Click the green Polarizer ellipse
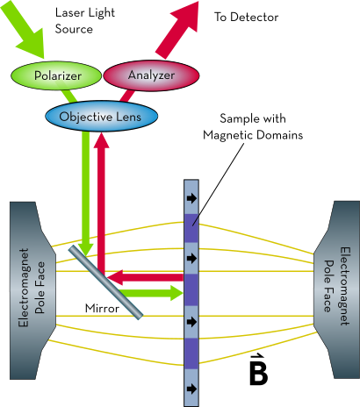pyautogui.click(x=56, y=75)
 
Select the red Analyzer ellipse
pyautogui.click(x=151, y=75)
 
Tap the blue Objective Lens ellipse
pyautogui.click(x=101, y=116)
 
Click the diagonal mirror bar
pyautogui.click(x=106, y=282)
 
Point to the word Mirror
pyautogui.click(x=102, y=308)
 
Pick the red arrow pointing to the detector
pyautogui.click(x=177, y=29)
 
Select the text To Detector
pyautogui.click(x=246, y=17)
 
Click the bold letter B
pyautogui.click(x=258, y=373)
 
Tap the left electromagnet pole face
pyautogui.click(x=32, y=290)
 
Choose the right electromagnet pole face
pyautogui.click(x=336, y=290)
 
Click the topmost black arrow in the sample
pyautogui.click(x=191, y=198)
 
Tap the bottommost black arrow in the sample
pyautogui.click(x=191, y=389)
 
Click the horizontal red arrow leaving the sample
pyautogui.click(x=145, y=277)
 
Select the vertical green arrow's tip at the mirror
pyautogui.click(x=86, y=255)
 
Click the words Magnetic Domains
pyautogui.click(x=253, y=135)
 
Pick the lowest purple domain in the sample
pyautogui.click(x=191, y=353)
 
